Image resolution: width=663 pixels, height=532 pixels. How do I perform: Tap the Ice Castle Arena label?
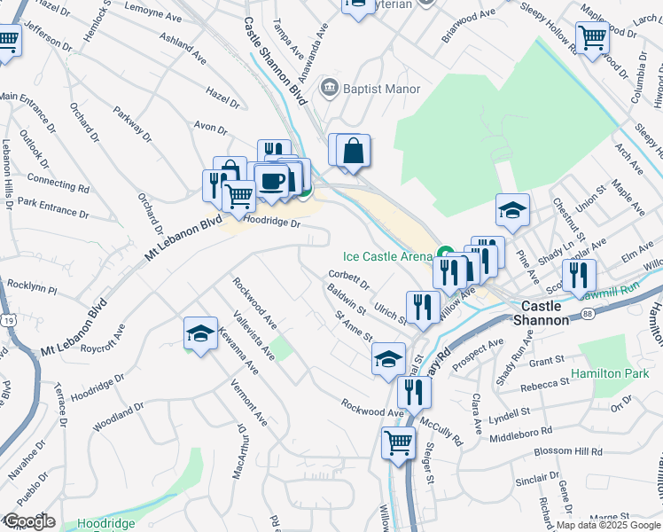(x=386, y=256)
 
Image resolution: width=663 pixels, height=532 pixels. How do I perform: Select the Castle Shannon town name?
(x=542, y=312)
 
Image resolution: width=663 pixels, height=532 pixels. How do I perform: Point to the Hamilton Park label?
(x=611, y=374)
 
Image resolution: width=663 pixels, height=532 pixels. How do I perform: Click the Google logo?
(x=28, y=521)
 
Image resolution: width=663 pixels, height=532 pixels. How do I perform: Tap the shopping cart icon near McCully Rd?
(x=398, y=442)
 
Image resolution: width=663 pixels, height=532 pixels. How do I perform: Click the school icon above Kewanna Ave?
(x=200, y=333)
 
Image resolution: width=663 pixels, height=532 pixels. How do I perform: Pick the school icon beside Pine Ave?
(x=512, y=210)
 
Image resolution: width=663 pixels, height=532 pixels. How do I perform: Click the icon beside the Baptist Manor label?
(x=331, y=87)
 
